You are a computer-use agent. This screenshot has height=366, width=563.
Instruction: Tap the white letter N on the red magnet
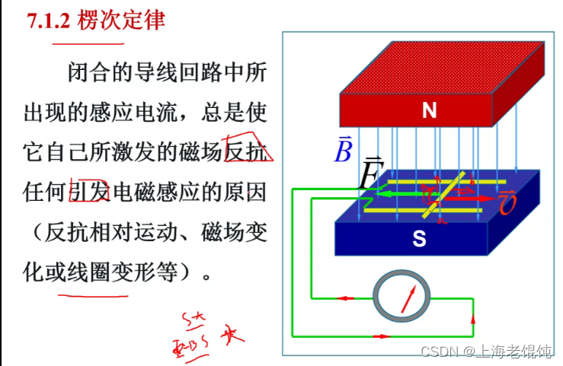point(429,111)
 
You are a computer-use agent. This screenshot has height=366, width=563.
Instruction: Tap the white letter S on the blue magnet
point(419,239)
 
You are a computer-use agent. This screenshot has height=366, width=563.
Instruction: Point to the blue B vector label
point(344,151)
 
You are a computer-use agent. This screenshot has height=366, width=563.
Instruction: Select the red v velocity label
point(508,203)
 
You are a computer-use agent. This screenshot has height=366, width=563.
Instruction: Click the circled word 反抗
point(247,153)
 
